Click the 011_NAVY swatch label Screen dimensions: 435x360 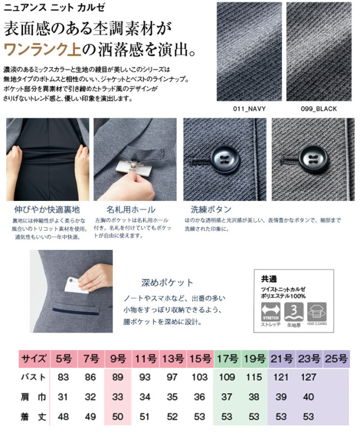[245, 109]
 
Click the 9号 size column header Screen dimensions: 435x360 [118, 358]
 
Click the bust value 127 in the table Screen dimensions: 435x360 [308, 377]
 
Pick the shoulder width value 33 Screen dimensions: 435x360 [118, 397]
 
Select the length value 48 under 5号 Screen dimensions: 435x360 [63, 417]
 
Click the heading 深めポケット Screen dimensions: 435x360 [167, 282]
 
